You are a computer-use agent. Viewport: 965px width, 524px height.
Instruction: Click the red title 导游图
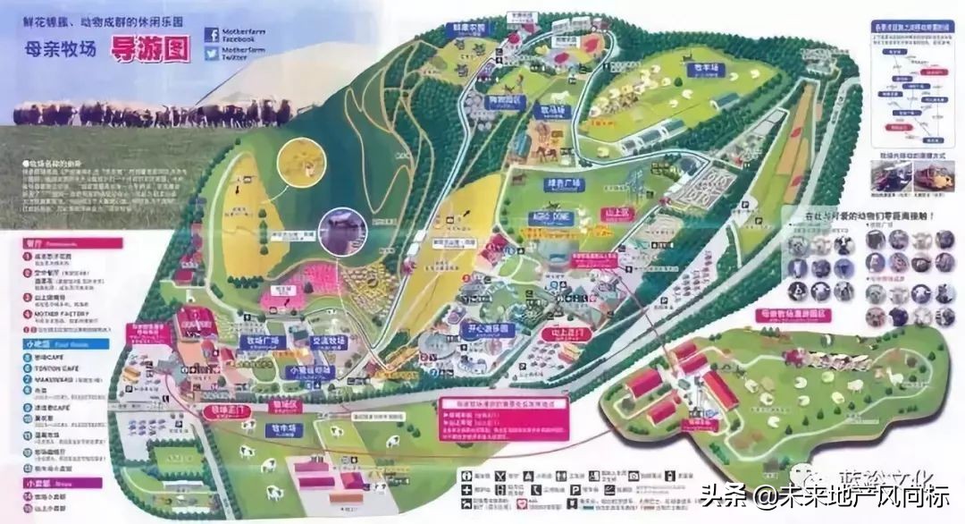click(x=150, y=49)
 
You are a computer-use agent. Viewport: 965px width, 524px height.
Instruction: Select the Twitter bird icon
click(x=212, y=54)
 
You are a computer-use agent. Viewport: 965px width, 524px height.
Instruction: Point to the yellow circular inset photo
click(x=301, y=162)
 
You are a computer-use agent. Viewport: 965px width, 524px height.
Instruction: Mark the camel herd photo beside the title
click(x=152, y=114)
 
